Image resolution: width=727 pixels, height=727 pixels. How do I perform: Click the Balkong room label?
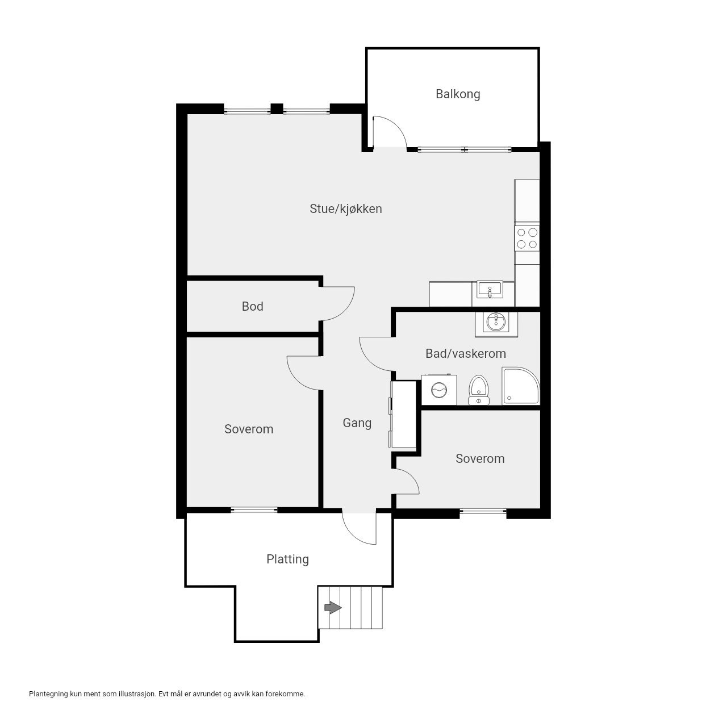tap(458, 94)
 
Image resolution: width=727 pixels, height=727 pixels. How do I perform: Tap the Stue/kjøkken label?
tap(345, 208)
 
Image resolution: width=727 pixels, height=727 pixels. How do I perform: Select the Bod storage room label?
tap(252, 306)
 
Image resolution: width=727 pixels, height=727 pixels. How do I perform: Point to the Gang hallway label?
tap(357, 423)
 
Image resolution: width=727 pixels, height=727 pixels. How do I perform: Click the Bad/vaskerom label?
tap(466, 353)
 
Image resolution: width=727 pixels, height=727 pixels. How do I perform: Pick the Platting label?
tap(287, 559)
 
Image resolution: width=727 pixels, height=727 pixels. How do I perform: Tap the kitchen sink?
tap(490, 290)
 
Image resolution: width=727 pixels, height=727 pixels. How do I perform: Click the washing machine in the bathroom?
tap(438, 390)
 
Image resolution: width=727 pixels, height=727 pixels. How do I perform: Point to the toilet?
tap(478, 390)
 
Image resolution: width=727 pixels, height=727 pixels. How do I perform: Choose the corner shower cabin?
tap(521, 386)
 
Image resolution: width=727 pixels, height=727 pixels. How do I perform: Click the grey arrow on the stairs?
tap(333, 608)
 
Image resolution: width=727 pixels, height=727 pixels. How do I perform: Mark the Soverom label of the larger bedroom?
tap(249, 429)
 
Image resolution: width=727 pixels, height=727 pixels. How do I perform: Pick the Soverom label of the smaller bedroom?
tap(480, 458)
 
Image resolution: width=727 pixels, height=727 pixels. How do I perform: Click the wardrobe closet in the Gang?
tap(403, 414)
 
